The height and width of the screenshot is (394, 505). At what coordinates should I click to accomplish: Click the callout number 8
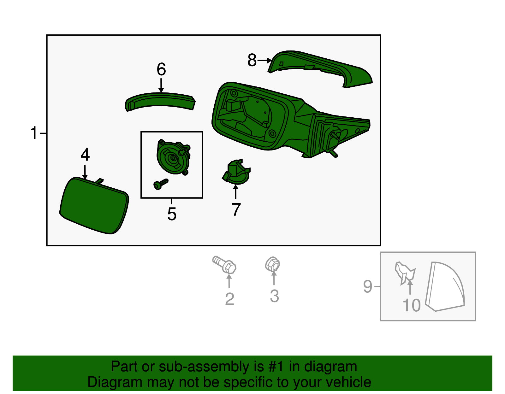point(252,60)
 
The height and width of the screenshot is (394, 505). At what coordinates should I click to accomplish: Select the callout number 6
point(161,69)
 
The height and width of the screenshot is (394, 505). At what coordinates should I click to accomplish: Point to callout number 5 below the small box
point(172,214)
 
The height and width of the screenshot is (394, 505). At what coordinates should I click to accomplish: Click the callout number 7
point(236,209)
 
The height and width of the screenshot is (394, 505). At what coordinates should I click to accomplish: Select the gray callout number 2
point(229,299)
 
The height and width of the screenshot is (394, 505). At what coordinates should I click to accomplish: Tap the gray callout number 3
point(274,296)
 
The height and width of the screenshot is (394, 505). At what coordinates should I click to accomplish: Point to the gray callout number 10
point(411,305)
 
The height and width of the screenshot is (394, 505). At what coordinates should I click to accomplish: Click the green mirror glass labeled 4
point(94,206)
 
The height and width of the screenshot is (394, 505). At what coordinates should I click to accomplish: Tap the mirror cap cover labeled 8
point(320,69)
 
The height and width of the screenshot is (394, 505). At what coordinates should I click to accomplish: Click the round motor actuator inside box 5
point(174,157)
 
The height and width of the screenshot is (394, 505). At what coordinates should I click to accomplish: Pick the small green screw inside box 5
point(161,184)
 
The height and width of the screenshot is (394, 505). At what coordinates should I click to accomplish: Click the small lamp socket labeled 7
point(236,172)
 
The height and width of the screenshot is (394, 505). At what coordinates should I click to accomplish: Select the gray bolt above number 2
point(224,265)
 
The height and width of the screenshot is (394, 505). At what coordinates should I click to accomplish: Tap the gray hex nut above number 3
point(272,264)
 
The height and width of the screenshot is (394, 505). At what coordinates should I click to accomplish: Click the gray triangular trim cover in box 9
point(445,286)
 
